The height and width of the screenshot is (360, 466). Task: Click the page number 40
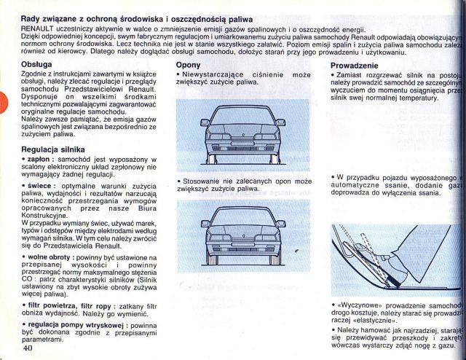[29, 348]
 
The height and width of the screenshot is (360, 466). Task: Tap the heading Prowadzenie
[355, 66]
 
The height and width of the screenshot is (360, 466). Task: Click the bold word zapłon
[39, 159]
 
